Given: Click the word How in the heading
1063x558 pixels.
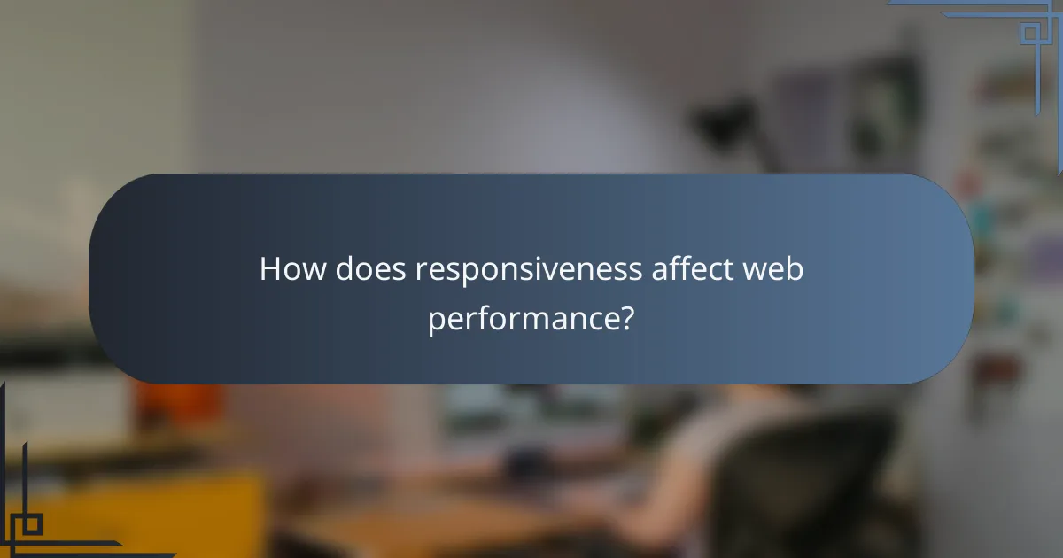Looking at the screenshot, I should click(x=291, y=270).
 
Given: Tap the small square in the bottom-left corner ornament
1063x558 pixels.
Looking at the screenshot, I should click(x=31, y=524).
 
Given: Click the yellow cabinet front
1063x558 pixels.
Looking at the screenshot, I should click(x=133, y=514).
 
